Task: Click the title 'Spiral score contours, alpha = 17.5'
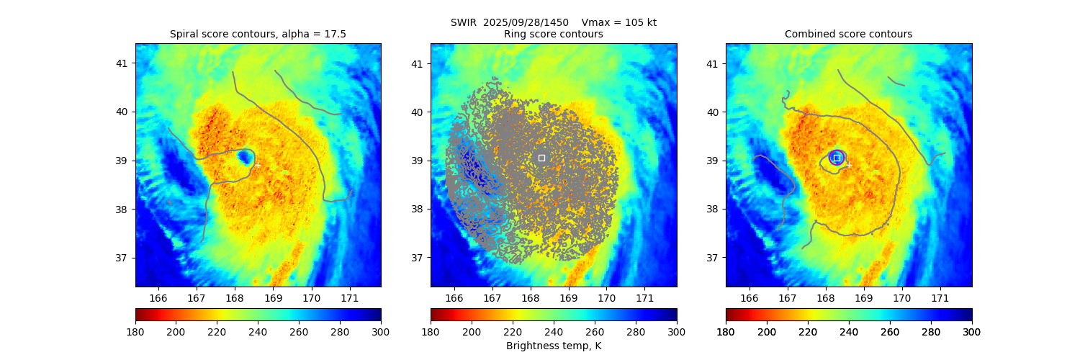(x=258, y=34)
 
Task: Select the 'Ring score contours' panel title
(x=553, y=34)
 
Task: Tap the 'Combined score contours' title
(x=848, y=34)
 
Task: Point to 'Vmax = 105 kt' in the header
(x=618, y=22)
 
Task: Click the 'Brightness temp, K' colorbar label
(x=553, y=346)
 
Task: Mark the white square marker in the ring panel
(x=541, y=158)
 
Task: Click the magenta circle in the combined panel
(x=837, y=158)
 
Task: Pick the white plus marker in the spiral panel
(x=258, y=165)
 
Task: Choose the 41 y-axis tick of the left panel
(x=122, y=63)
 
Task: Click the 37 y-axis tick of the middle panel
(x=418, y=258)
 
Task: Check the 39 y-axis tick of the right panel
(x=713, y=161)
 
